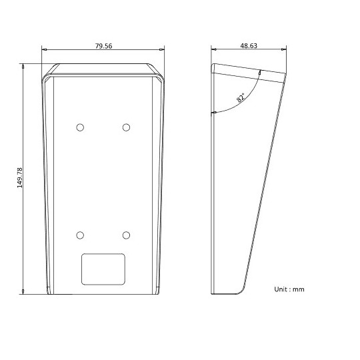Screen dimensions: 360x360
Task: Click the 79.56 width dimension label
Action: click(104, 46)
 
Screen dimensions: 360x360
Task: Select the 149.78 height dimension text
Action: click(20, 178)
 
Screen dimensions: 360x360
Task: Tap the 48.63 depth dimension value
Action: click(249, 46)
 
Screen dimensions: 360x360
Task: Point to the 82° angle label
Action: click(241, 98)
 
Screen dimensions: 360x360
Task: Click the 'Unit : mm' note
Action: click(289, 289)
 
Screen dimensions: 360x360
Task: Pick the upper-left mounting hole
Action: click(80, 127)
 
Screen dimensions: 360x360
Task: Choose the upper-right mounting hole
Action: click(126, 127)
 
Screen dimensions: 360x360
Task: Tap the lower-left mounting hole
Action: click(80, 235)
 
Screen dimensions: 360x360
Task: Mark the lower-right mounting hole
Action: click(126, 235)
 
